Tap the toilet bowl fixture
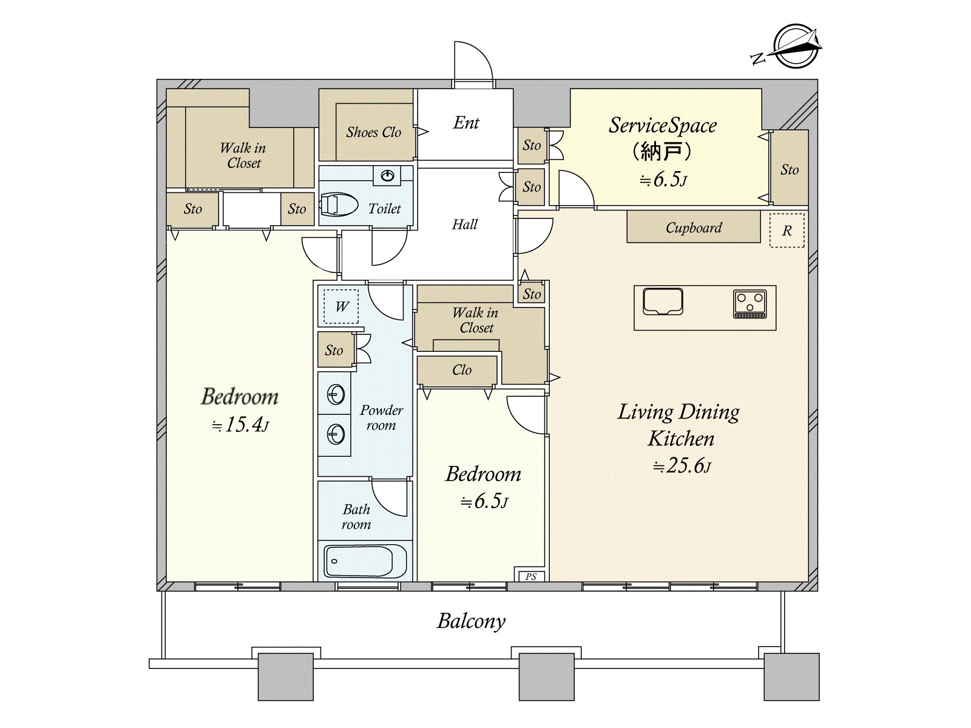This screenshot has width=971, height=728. [x=339, y=204]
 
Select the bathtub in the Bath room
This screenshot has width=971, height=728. [x=365, y=561]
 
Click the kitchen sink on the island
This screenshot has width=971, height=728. [x=663, y=302]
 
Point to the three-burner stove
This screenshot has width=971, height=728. [x=749, y=304]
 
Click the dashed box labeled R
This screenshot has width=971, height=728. [x=787, y=231]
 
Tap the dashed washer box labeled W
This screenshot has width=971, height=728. [x=340, y=306]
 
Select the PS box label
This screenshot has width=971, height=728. [x=531, y=576]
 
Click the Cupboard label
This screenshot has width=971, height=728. [x=693, y=227]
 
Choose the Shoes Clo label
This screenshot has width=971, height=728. [x=373, y=132]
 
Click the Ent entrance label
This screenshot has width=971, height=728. [x=466, y=123]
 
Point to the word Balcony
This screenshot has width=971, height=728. [x=471, y=621]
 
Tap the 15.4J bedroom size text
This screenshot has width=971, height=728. [x=240, y=425]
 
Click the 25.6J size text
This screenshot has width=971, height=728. [x=682, y=465]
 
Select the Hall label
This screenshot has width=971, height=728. [x=464, y=224]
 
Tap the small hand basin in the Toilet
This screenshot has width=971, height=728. [x=388, y=176]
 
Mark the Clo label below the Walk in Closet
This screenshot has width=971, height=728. [x=461, y=370]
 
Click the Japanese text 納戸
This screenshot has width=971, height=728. [x=661, y=152]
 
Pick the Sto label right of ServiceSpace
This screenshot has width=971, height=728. [x=790, y=170]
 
